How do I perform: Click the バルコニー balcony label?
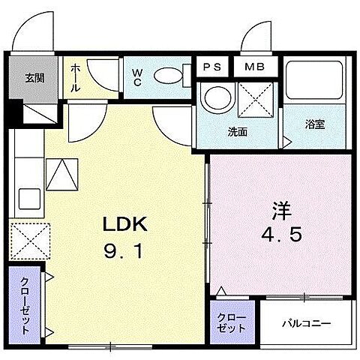(306, 324)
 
